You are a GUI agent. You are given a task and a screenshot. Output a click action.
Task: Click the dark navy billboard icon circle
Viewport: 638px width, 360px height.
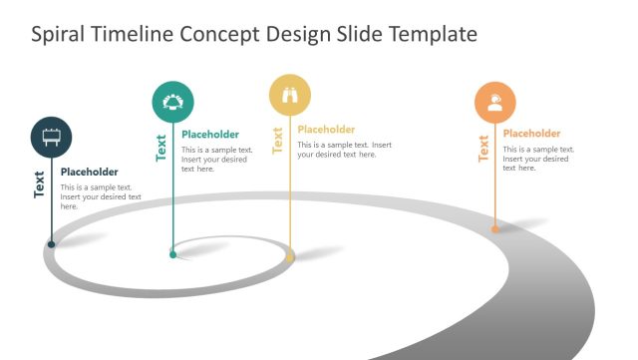[51, 136]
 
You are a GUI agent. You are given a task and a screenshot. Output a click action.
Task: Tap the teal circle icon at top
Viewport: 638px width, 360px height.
[172, 102]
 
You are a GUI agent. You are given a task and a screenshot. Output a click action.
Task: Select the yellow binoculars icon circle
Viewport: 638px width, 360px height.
[290, 95]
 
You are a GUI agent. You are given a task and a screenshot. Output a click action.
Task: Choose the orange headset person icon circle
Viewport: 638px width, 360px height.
[495, 102]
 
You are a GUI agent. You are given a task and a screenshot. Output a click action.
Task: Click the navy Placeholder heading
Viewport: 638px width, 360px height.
[89, 172]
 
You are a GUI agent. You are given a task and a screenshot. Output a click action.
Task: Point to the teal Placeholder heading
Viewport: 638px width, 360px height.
[210, 135]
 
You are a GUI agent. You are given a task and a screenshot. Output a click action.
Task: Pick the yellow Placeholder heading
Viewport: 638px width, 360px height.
[326, 129]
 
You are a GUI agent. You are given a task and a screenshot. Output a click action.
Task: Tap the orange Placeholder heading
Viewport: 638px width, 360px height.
[531, 134]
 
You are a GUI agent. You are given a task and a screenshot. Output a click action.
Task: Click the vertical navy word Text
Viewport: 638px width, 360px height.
[40, 184]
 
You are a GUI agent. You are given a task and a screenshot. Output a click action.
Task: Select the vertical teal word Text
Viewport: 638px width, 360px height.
[160, 148]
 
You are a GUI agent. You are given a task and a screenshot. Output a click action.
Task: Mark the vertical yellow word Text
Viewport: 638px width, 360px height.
[278, 141]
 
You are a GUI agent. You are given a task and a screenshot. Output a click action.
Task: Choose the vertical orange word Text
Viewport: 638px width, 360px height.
[483, 148]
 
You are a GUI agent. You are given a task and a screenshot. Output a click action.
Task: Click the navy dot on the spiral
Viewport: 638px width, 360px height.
[51, 243]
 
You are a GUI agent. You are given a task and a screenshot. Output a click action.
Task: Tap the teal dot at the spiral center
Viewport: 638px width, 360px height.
[172, 255]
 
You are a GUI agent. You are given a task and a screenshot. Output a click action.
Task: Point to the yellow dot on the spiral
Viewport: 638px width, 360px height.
[290, 258]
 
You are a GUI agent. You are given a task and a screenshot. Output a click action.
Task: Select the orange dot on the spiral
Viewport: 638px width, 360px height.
[495, 229]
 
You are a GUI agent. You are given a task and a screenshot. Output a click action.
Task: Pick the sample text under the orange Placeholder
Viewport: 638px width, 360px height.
[536, 159]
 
